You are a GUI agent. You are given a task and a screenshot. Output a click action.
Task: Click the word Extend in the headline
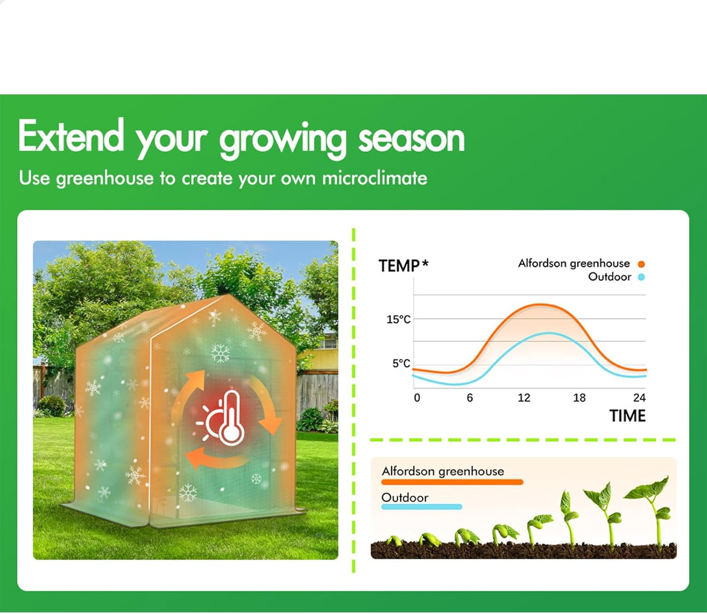click(71, 135)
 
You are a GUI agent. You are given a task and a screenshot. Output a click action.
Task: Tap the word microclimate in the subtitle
click(375, 178)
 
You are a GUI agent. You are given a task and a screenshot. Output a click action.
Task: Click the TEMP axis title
click(399, 266)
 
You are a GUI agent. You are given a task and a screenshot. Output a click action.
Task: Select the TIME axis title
click(627, 415)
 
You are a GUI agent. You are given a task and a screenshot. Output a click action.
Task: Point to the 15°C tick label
click(398, 319)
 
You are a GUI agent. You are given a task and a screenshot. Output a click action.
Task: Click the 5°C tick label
click(401, 363)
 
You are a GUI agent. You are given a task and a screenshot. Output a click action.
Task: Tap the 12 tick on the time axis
click(524, 398)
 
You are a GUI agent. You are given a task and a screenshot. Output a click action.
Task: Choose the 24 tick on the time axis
click(639, 398)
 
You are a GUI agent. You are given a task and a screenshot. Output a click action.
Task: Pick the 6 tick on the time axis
click(469, 398)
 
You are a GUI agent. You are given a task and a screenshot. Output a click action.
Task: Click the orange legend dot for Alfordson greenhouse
click(641, 265)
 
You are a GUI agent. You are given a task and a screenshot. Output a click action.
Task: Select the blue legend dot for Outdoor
click(641, 277)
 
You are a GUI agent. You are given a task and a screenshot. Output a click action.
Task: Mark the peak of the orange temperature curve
click(541, 305)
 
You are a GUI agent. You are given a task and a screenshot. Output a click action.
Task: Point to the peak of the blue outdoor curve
click(549, 333)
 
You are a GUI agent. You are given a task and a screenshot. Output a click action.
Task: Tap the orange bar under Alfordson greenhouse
click(452, 482)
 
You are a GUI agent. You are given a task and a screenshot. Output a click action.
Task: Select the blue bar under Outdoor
click(421, 507)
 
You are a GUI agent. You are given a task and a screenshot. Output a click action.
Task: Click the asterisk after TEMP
click(425, 264)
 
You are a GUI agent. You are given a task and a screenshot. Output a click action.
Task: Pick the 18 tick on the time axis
click(579, 398)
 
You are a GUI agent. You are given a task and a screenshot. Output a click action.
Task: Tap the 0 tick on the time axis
click(417, 398)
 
